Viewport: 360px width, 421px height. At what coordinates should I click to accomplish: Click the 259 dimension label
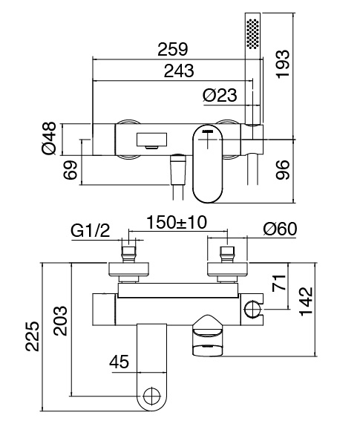pos(173,49)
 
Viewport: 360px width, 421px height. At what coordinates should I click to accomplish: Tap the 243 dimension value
pos(179,71)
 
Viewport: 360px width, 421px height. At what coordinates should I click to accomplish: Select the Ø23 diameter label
pos(220,95)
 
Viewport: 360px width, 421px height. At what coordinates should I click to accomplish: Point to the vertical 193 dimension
pos(283,64)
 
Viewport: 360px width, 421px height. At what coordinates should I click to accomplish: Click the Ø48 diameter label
pos(49,138)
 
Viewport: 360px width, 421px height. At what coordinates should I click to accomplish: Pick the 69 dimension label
pos(71,170)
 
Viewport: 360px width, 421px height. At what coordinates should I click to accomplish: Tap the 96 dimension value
pos(283,169)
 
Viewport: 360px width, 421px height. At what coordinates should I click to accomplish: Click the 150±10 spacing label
pos(177,222)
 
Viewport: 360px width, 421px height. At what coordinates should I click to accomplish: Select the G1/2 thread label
pos(91,230)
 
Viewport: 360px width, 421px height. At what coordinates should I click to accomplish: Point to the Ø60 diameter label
pos(280,229)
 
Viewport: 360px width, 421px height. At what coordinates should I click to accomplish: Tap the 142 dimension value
pos(306,301)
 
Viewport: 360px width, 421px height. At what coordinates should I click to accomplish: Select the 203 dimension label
pos(60,321)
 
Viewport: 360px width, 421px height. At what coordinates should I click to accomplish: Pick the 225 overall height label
pos(33,336)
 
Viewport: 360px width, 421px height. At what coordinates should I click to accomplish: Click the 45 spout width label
pos(119,362)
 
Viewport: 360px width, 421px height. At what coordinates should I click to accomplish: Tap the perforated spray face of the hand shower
pos(253,34)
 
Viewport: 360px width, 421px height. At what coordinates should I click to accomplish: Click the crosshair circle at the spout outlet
pos(151,396)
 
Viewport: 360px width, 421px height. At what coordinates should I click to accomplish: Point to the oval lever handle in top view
pos(208,164)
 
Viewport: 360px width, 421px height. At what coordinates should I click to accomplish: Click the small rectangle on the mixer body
pos(151,140)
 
